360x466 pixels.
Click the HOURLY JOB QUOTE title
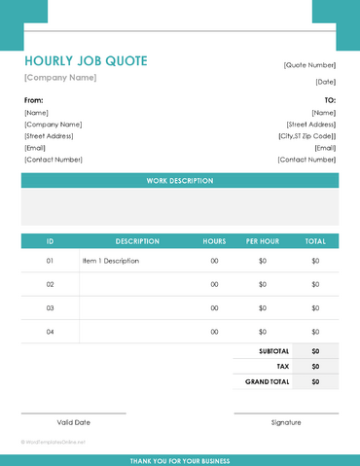coord(86,61)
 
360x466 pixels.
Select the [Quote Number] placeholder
coord(309,64)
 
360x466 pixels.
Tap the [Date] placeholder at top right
coord(325,82)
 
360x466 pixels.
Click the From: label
coord(34,100)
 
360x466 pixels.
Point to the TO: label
coord(329,100)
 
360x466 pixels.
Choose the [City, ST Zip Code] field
coord(306,136)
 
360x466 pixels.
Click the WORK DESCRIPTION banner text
coord(180,181)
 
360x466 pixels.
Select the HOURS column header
coord(214,240)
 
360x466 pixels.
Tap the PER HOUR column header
coord(263,240)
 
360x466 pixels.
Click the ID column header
coord(50,240)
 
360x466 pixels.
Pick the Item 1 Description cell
coord(111,261)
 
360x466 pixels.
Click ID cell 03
coord(50,308)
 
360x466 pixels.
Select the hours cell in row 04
coord(214,332)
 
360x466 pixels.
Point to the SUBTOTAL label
coord(273,350)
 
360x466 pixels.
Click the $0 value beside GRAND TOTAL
coord(315,382)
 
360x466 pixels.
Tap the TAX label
coord(282,367)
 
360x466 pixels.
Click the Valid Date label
coord(73,422)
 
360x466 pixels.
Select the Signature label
coord(286,422)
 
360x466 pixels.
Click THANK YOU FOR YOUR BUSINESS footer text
coord(180,460)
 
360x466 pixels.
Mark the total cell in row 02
coord(315,284)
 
